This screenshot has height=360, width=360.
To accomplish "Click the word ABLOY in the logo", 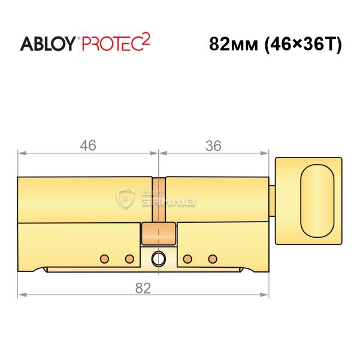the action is coord(48,44).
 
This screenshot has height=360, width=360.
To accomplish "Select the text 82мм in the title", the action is coord(234,44).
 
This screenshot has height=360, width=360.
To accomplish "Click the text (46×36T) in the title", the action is coord(303,44).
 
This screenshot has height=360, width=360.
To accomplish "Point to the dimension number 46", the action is coord(88,146).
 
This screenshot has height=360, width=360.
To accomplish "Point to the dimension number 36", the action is coord(213,146).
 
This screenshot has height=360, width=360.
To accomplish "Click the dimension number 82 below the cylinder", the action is coord(143,288).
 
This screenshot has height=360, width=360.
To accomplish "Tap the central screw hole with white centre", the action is coord(158,259).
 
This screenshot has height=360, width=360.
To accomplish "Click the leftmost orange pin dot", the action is coord(104,259).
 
